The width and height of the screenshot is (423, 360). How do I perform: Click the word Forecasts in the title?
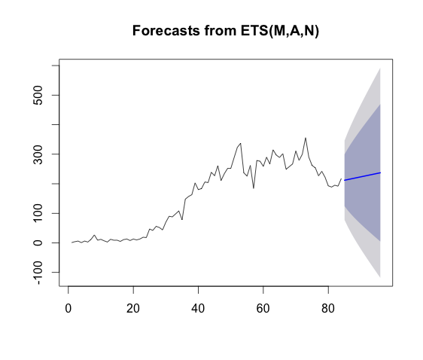coord(166,30)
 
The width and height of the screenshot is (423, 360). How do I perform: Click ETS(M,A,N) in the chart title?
coord(280,31)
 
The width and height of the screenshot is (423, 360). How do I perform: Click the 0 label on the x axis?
coord(68,308)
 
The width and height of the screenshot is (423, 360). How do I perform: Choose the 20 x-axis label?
coord(133,308)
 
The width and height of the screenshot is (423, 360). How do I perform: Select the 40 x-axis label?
coord(198,308)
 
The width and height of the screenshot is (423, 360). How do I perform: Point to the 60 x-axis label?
coord(263,308)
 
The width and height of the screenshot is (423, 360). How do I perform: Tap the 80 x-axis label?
coord(328,308)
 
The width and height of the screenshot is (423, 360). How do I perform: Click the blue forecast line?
coord(362,176)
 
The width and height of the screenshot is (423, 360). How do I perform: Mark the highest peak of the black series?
coord(306,138)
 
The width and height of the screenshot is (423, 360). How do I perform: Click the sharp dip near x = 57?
coord(254,188)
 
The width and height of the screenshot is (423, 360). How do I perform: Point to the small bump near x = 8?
coord(94,235)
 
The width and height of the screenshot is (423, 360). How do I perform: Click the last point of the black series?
coord(341,178)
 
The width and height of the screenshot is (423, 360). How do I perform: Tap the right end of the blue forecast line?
coord(380,172)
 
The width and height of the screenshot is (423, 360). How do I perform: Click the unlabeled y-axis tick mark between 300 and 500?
coord(55,125)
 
